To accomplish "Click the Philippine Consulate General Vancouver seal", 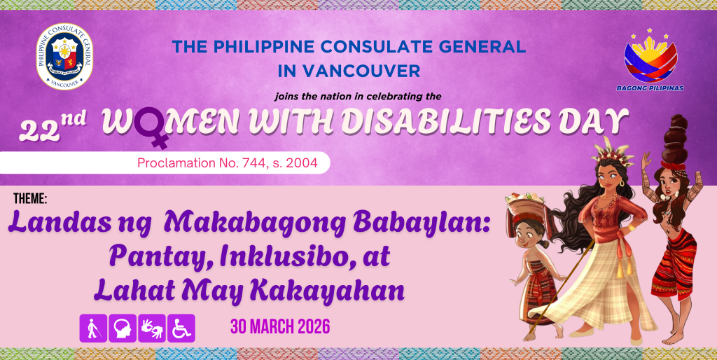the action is coord(64,56).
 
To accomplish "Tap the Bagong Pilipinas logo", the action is coord(650,60).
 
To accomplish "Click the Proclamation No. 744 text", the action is coord(228,163).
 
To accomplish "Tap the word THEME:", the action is coord(30,199).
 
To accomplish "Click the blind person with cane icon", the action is coord(93,328).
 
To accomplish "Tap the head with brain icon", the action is coord(123,328).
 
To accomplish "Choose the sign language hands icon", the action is coord(152,328).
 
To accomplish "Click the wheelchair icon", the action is coord(181,328).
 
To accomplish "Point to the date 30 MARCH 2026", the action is coord(280,327).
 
